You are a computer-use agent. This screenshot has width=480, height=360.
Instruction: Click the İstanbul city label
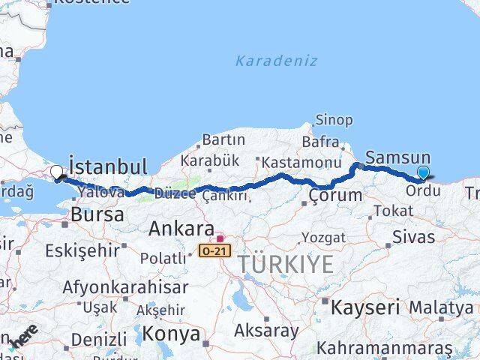[x=107, y=166]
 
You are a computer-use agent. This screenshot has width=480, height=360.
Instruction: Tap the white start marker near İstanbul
[x=56, y=173]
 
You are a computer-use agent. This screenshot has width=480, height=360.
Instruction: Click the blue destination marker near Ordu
[x=423, y=173]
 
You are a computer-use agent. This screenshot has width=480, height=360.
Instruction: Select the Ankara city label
[x=181, y=229]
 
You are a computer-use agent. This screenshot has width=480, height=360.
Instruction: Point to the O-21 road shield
[x=214, y=249]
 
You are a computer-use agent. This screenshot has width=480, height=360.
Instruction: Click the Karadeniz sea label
[x=276, y=61]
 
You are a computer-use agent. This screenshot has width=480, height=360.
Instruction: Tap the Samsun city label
[x=397, y=158]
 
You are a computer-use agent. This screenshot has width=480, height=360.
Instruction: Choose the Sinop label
[x=334, y=120]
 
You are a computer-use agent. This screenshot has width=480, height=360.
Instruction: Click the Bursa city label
[x=97, y=214]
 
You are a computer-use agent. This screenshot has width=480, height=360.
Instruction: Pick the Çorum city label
[x=334, y=196]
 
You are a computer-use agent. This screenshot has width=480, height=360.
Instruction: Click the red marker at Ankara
[x=220, y=238]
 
